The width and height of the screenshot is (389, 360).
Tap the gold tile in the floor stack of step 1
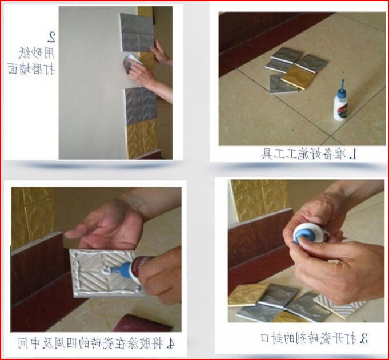296,76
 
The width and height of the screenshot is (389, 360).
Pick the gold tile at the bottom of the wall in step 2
141,137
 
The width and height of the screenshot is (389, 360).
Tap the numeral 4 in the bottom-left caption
171,343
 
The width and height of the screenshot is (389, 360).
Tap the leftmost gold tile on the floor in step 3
247,294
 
